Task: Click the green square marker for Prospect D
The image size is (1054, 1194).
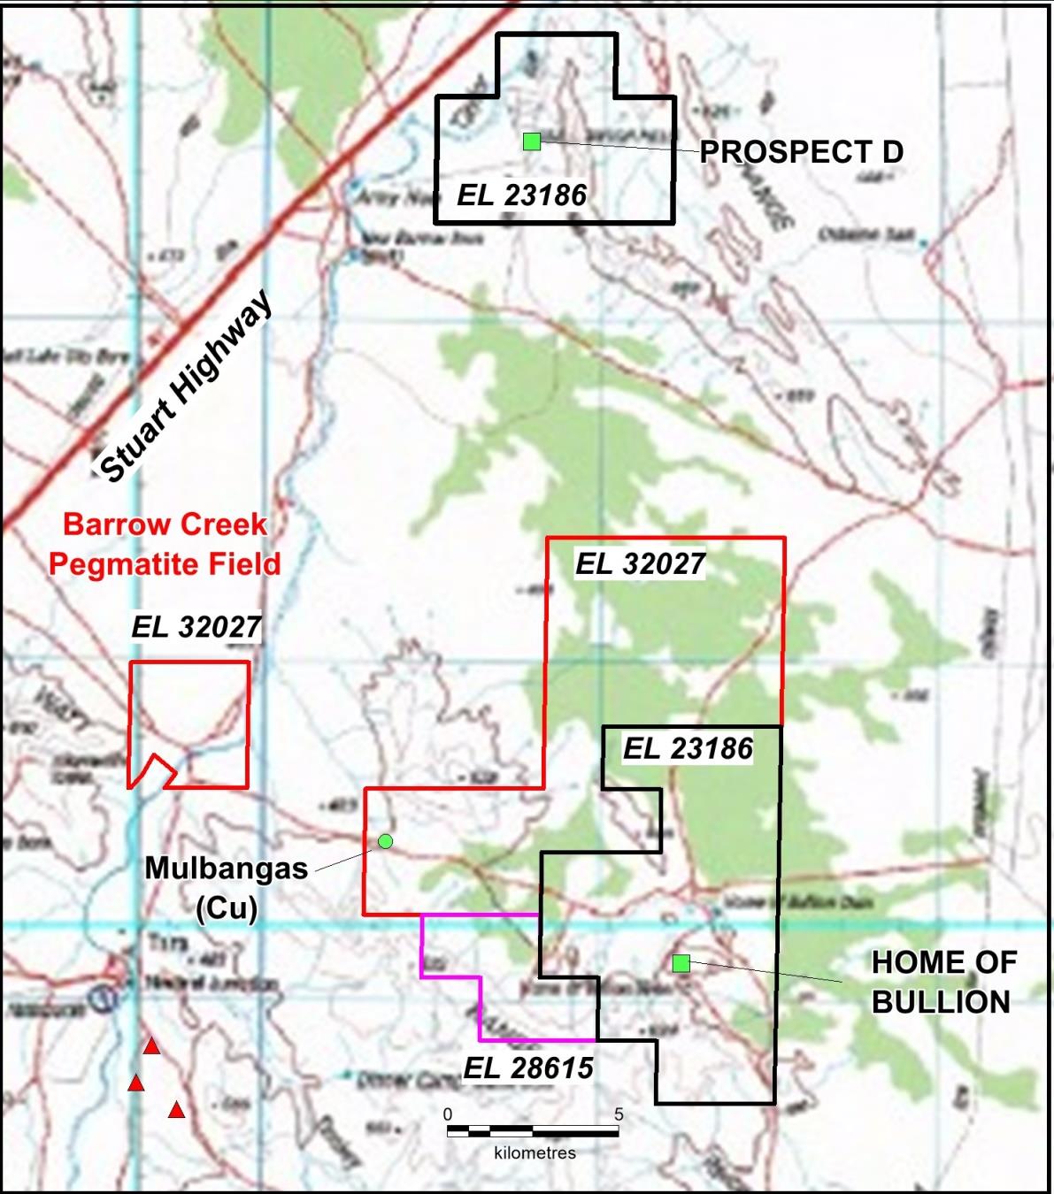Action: (x=532, y=142)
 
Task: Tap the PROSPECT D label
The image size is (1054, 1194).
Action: (x=801, y=152)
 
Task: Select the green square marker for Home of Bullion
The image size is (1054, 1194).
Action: (x=681, y=963)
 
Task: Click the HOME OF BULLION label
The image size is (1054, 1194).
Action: (x=943, y=982)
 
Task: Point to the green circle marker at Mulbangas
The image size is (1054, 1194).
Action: (x=386, y=841)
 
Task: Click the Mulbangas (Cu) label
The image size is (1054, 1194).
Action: (x=227, y=886)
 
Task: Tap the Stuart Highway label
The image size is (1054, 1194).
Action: (x=185, y=387)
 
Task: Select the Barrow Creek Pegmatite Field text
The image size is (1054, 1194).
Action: (x=165, y=544)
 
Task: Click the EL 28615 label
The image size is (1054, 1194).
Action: (x=528, y=1068)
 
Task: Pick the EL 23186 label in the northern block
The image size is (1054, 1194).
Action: (x=521, y=195)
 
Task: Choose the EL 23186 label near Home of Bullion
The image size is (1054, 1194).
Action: (x=688, y=749)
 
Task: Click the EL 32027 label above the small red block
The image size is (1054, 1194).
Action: (x=196, y=627)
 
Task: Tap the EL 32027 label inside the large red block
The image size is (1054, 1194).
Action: (x=641, y=563)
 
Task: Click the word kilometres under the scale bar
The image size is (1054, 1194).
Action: (x=535, y=1153)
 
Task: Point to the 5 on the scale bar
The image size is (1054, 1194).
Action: (x=619, y=1114)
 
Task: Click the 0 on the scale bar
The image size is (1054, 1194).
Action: (x=448, y=1114)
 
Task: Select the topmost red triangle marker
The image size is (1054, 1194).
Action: (x=151, y=1047)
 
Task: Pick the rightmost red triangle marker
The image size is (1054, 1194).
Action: (x=176, y=1110)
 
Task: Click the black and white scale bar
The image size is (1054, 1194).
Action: (x=533, y=1131)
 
